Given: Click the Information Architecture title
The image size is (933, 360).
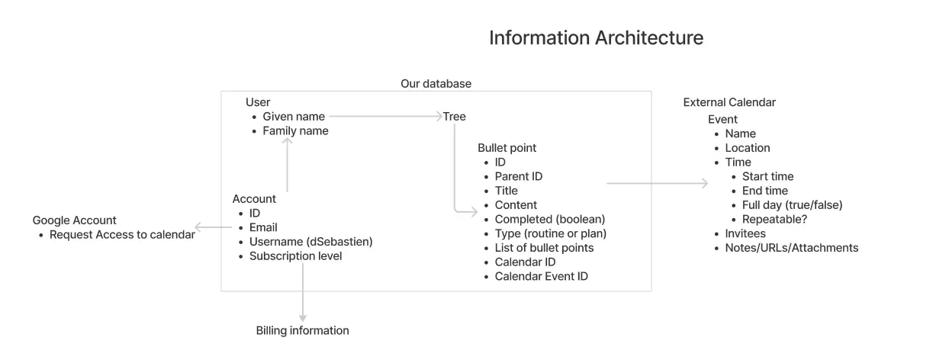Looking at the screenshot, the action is click(x=596, y=38).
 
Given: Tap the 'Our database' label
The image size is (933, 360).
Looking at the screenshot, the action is click(x=436, y=84).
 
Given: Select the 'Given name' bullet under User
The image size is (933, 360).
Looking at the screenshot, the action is click(x=294, y=117).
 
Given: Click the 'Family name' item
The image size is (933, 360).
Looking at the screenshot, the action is click(x=295, y=131).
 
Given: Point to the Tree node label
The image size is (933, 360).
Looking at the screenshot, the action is click(x=454, y=117).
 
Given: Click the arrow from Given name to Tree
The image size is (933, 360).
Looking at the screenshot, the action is click(x=386, y=116).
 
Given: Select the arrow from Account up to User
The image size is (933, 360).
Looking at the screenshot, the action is click(x=288, y=165).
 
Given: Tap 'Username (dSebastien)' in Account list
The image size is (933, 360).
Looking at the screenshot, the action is click(x=310, y=242).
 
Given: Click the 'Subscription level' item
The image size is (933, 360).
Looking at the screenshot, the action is click(x=296, y=256).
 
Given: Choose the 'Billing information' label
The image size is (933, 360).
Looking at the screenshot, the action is click(x=302, y=330).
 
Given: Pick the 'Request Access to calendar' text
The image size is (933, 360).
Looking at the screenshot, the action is click(x=122, y=235).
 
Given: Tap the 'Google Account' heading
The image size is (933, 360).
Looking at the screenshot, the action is click(x=74, y=220).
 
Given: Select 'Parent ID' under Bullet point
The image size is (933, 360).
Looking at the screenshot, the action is click(x=519, y=176).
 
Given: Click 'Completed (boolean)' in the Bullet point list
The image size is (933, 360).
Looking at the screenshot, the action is click(x=550, y=219).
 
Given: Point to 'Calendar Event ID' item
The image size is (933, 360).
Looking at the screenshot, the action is click(x=541, y=276).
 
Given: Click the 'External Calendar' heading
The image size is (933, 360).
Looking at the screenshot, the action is click(x=729, y=102).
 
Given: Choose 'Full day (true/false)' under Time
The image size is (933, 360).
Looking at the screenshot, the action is click(x=792, y=205).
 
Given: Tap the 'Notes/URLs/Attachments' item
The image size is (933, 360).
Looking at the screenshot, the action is click(x=791, y=248).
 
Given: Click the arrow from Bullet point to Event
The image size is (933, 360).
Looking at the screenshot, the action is click(x=658, y=183).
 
